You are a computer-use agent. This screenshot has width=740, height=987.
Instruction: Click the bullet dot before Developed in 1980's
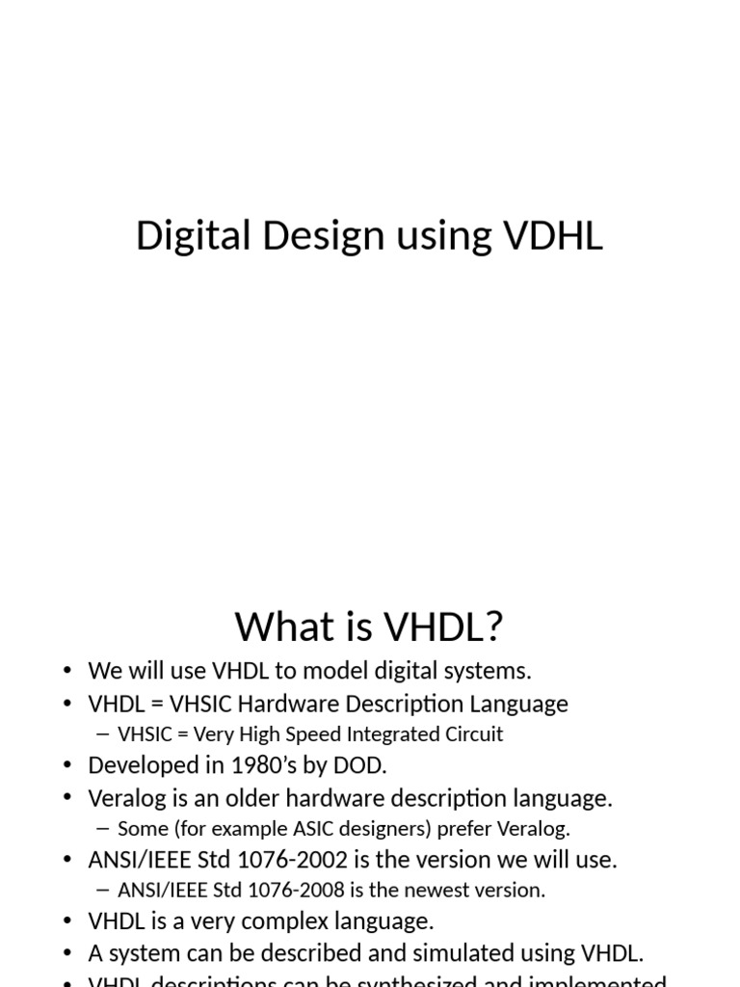point(67,766)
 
